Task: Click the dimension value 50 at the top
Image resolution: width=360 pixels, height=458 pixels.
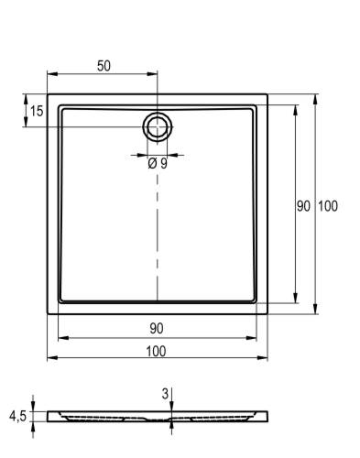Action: click(x=104, y=66)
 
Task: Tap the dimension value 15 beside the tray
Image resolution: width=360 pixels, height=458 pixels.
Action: click(x=37, y=111)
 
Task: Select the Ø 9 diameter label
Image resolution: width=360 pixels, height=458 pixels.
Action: click(x=158, y=164)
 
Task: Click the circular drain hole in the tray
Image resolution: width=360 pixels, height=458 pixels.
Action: click(x=158, y=126)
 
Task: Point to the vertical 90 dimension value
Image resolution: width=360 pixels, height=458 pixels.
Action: click(x=303, y=206)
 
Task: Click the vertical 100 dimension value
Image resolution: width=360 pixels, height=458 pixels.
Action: click(x=328, y=206)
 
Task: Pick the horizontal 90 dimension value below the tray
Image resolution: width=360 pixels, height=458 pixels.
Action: click(x=157, y=329)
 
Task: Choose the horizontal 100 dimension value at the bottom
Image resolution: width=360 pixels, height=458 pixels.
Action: click(x=156, y=352)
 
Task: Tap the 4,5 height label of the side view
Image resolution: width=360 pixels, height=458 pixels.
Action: click(x=17, y=416)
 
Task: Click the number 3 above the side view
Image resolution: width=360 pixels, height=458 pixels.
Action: click(x=165, y=394)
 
